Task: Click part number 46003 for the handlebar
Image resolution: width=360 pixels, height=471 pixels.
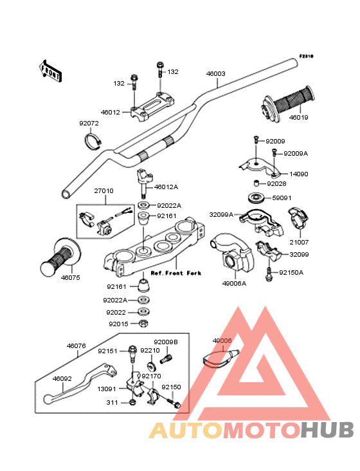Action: (x=216, y=73)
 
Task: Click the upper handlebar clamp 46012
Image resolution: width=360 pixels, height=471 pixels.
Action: (x=152, y=107)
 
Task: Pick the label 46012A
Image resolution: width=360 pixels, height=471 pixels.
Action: (x=166, y=187)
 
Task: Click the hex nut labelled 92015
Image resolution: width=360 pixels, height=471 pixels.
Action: (x=143, y=323)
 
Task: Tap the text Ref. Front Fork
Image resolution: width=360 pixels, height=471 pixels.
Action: (x=175, y=273)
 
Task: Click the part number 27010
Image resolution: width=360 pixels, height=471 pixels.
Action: (x=104, y=190)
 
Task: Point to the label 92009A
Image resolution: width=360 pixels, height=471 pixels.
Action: (x=296, y=154)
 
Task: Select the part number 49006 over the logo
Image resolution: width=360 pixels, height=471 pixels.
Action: (x=222, y=340)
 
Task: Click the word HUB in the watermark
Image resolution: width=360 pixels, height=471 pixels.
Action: (x=327, y=430)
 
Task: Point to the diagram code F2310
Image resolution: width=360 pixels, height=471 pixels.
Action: (x=306, y=56)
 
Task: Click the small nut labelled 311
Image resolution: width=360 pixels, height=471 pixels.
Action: (x=132, y=402)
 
